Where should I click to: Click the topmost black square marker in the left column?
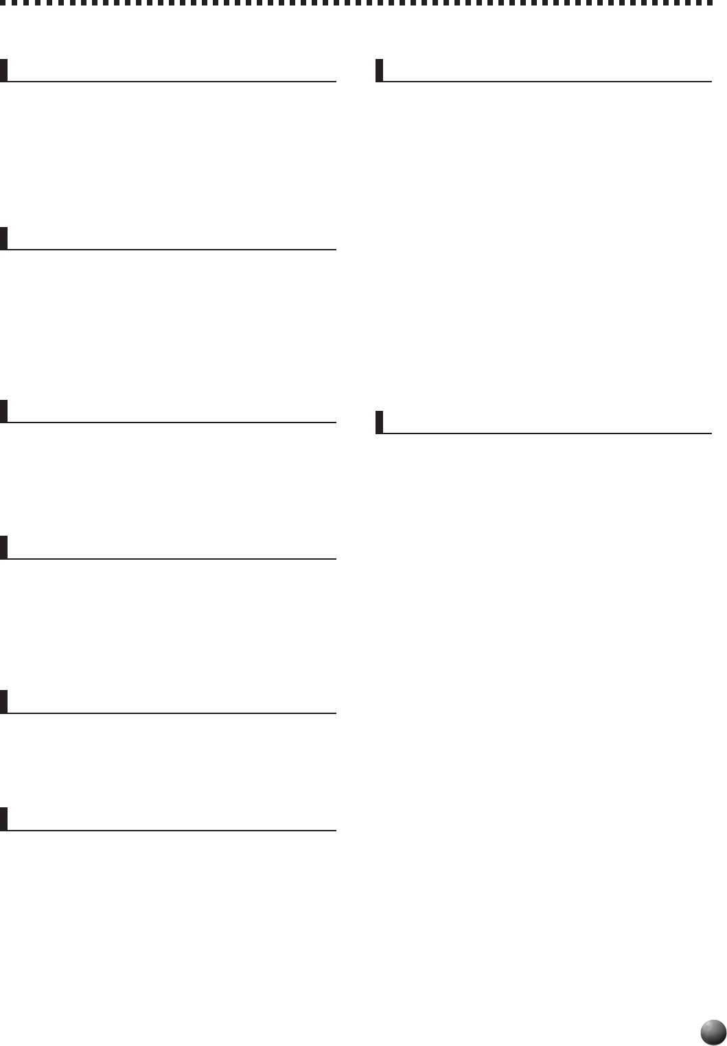(4, 71)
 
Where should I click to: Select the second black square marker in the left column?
(4, 238)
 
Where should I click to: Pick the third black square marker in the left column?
(4, 411)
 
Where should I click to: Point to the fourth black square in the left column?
(4, 547)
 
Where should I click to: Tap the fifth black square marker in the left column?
(4, 702)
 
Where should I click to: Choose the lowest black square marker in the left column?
(4, 819)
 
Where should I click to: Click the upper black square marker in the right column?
(380, 71)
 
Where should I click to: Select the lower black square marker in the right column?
(380, 423)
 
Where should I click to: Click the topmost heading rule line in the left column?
(172, 82)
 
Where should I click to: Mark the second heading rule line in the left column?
(172, 249)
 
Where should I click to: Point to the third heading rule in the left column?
(172, 422)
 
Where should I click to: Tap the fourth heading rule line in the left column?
(172, 558)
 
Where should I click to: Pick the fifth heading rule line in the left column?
(172, 713)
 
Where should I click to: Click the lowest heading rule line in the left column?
(172, 830)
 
